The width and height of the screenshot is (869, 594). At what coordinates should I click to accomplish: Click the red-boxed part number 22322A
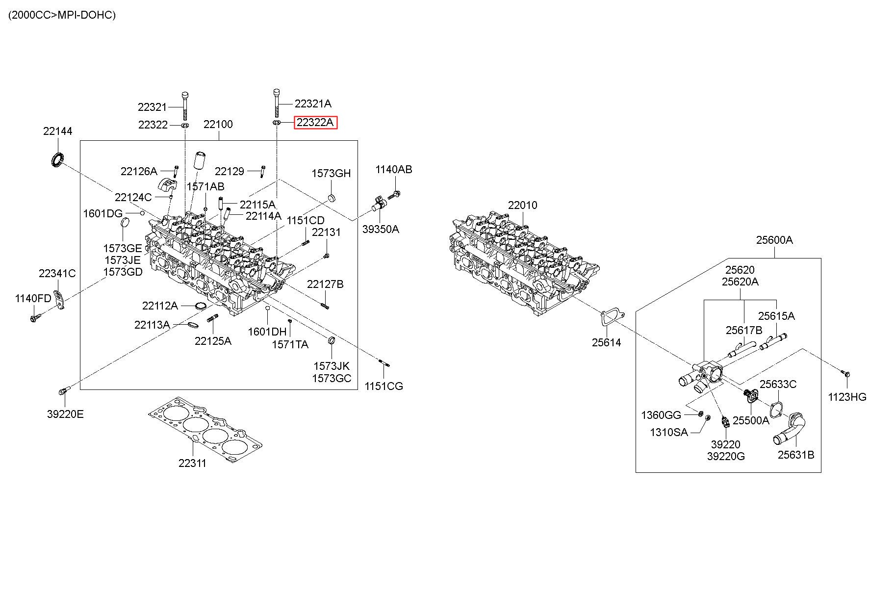(x=315, y=122)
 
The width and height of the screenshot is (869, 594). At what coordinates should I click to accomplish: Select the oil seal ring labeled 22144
(x=58, y=160)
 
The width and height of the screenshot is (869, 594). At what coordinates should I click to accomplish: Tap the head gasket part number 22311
(x=192, y=463)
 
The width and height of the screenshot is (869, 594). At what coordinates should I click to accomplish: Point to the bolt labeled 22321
(x=185, y=105)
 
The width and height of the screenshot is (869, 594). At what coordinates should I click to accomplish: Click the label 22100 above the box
(x=218, y=124)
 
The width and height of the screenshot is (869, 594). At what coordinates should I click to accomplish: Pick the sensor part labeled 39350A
(x=381, y=204)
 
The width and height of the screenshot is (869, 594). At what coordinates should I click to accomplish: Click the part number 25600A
(x=774, y=240)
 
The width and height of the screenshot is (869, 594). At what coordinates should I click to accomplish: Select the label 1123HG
(x=847, y=397)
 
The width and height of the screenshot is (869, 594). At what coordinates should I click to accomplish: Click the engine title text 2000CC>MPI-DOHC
(x=62, y=15)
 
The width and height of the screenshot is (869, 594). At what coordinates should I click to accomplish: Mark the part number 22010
(x=522, y=205)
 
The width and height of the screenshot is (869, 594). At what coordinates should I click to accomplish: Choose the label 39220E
(x=65, y=414)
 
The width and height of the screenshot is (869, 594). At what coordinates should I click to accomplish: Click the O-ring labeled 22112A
(x=200, y=307)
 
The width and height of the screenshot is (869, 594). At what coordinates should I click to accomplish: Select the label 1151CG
(x=383, y=386)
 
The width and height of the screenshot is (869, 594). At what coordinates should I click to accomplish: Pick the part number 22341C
(x=57, y=273)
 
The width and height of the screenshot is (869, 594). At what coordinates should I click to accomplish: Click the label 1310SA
(x=669, y=432)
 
